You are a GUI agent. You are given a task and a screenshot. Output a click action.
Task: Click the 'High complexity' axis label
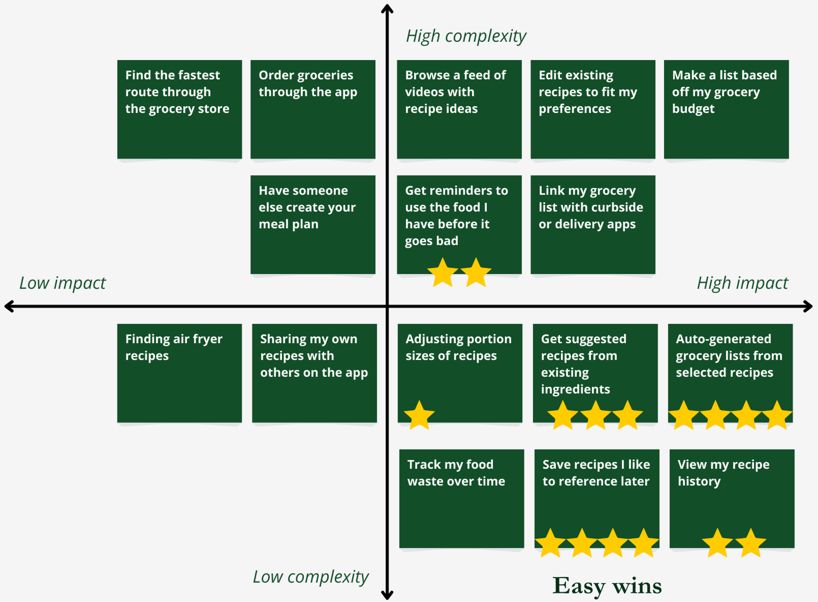466,36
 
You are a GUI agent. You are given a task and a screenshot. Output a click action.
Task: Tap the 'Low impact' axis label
62,283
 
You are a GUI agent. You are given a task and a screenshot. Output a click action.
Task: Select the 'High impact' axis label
742,283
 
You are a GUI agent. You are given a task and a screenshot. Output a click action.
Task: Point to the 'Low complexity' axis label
311,577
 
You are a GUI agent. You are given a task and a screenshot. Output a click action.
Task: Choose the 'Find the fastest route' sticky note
180,109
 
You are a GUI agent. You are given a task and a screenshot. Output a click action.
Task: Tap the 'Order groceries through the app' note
313,109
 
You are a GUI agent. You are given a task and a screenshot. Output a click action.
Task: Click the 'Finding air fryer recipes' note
180,373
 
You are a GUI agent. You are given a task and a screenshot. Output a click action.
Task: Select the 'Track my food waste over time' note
461,499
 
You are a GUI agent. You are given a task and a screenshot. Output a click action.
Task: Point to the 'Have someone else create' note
313,225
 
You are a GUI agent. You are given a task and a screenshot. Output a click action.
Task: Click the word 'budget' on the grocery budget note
693,109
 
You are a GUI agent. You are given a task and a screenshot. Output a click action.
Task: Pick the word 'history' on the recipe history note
699,482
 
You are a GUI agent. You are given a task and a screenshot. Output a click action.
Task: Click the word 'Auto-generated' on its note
723,339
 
